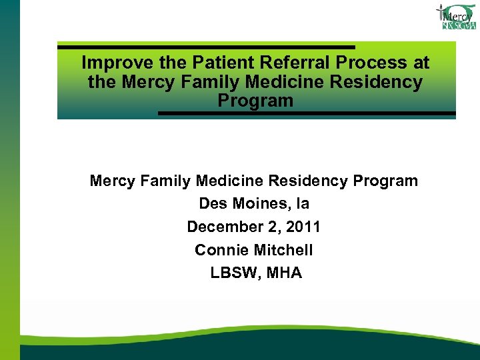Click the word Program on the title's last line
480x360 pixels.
click(255, 101)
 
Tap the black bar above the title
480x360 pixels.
click(206, 47)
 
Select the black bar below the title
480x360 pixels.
click(307, 113)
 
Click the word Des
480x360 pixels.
click(213, 203)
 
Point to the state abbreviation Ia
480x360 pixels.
click(302, 203)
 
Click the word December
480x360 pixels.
click(223, 227)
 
